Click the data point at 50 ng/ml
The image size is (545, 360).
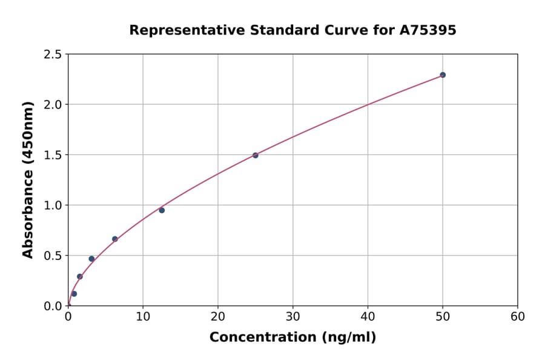click(443, 75)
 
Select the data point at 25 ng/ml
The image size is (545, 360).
click(256, 155)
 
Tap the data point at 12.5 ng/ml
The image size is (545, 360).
click(162, 210)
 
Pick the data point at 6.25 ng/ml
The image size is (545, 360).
click(115, 239)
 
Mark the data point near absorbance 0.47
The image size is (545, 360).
click(91, 259)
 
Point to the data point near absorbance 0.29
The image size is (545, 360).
click(80, 276)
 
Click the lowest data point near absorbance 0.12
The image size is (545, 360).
click(74, 293)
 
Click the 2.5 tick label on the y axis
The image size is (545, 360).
click(51, 55)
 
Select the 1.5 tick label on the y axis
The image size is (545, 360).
click(51, 155)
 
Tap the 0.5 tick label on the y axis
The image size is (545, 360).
click(51, 256)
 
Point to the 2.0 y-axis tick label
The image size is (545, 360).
click(51, 105)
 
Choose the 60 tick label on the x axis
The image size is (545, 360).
click(518, 317)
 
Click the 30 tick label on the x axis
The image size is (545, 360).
click(293, 317)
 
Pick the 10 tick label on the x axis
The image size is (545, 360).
click(143, 317)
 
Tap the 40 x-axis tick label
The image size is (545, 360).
click(368, 317)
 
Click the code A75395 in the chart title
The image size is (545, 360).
click(428, 30)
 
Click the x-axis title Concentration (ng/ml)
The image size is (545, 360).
click(292, 338)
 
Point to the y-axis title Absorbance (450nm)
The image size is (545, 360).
click(28, 179)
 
